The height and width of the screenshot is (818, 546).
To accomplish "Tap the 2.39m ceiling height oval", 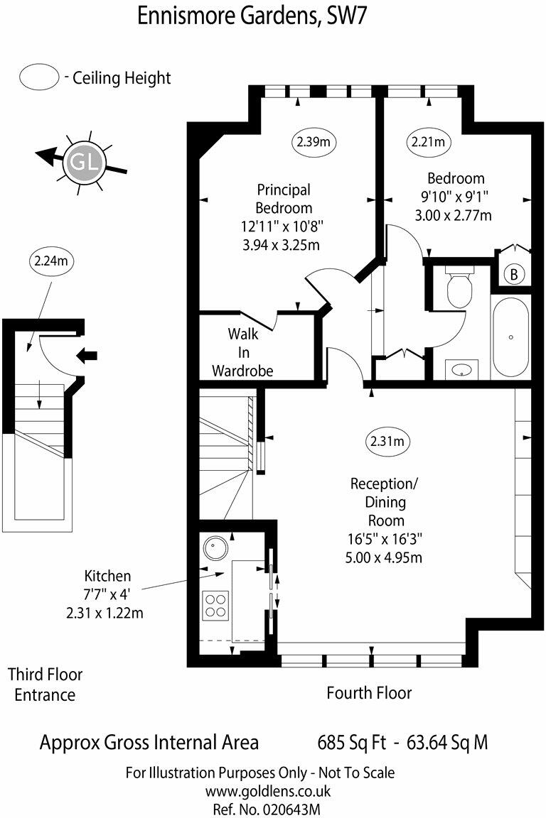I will tap(314, 142).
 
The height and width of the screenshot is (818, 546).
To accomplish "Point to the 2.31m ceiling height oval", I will tap(387, 442).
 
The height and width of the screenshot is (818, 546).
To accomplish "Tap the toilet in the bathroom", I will tap(459, 286).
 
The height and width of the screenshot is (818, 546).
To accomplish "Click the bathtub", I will tap(510, 337).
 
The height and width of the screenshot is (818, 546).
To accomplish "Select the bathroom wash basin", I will tap(462, 369).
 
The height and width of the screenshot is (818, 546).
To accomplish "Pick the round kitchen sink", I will tap(214, 548).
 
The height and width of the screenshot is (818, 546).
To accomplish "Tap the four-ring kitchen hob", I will tap(215, 605).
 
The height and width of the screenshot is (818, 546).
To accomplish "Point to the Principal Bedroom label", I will tap(284, 199).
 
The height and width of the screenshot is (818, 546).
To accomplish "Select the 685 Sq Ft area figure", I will tap(351, 743).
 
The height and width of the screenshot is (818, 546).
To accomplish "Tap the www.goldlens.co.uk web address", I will tap(259, 790).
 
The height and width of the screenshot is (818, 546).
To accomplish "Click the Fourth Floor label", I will tap(369, 692).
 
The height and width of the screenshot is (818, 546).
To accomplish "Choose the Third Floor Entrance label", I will tap(45, 684).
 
